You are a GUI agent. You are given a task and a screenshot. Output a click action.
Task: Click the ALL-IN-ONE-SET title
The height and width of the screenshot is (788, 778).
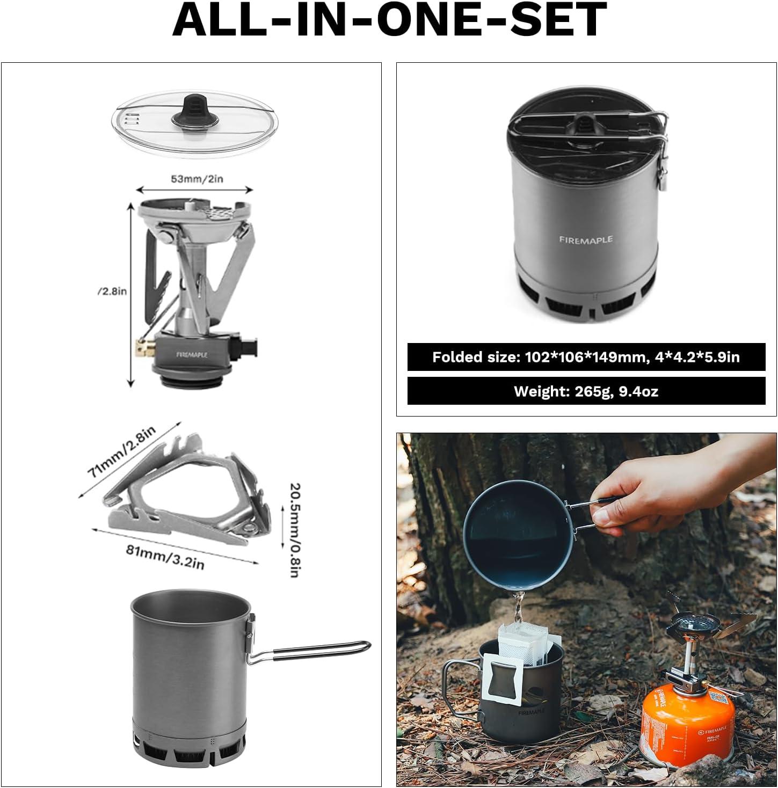(389, 20)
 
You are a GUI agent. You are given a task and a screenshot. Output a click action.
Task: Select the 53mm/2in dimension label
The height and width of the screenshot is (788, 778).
(197, 179)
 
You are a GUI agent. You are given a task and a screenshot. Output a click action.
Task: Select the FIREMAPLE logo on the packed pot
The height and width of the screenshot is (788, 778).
(585, 240)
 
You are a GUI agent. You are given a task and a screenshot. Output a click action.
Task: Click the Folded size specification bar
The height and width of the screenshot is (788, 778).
(586, 357)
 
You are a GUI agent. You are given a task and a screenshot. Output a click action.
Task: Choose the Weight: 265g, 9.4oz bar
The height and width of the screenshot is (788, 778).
(586, 391)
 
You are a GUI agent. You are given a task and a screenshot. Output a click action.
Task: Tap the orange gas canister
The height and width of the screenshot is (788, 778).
(676, 719)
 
